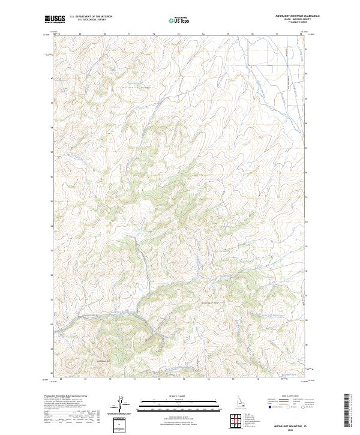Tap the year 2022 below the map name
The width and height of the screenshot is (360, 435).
coord(292,430)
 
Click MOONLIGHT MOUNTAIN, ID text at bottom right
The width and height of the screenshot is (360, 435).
coord(292,425)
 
